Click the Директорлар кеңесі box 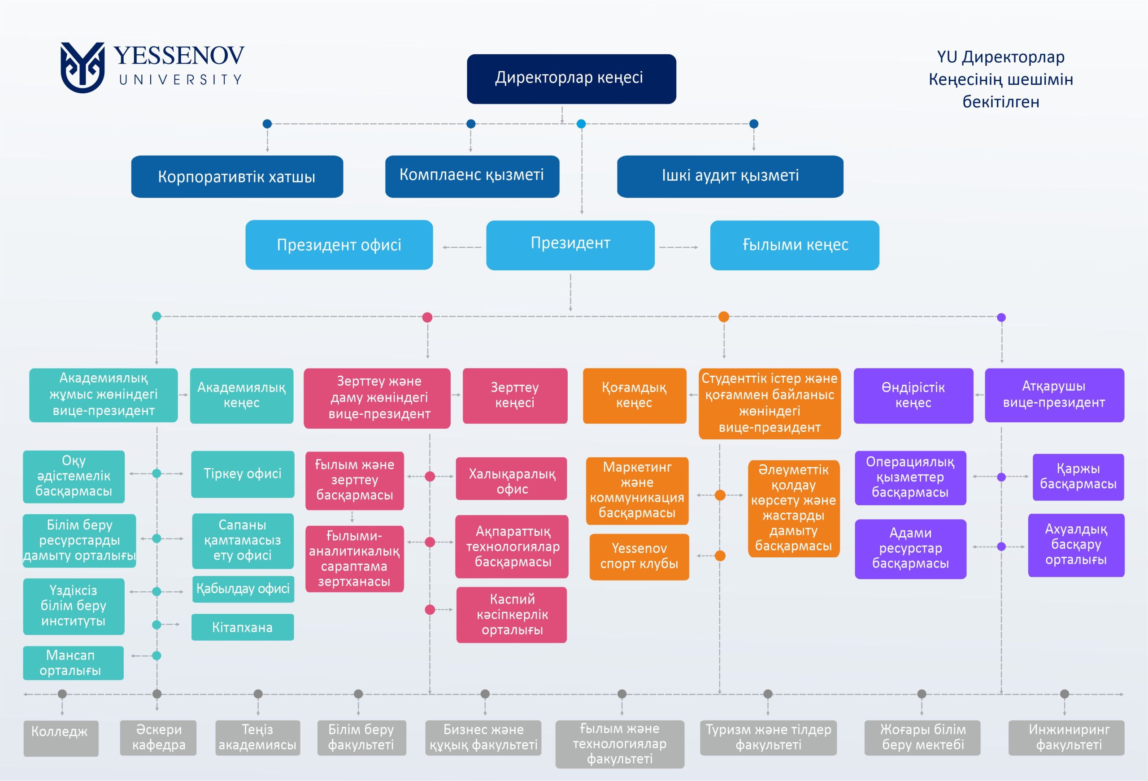tap(571, 79)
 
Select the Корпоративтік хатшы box tap(237, 177)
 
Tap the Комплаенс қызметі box tap(472, 176)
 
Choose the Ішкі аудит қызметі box tap(730, 176)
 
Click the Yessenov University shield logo tap(83, 67)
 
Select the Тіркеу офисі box tap(243, 474)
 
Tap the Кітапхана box tap(243, 627)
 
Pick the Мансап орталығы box tap(73, 663)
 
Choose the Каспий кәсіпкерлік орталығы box tap(511, 615)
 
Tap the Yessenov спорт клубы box tap(639, 556)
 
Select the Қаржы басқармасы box tap(1078, 477)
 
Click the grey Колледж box tap(61, 738)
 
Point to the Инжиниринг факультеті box tap(1066, 738)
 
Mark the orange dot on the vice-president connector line tap(724, 317)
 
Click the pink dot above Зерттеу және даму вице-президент tap(427, 317)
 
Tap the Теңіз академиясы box tap(257, 738)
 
